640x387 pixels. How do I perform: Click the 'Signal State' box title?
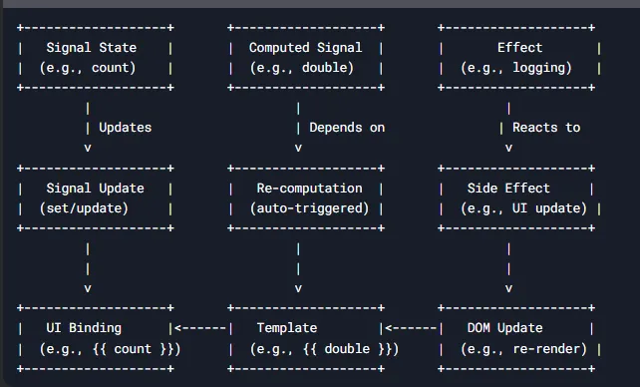coord(92,48)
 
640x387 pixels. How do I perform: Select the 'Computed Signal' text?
coord(305,48)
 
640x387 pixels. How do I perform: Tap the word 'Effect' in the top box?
coord(519,48)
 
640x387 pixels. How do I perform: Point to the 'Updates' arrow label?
coord(125,128)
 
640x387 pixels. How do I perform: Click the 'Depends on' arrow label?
coord(347,128)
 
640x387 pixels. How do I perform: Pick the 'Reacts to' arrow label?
coord(546,128)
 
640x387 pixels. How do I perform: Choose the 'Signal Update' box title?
coord(95,189)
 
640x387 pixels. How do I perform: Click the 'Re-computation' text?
coord(309,189)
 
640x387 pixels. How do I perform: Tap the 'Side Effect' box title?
coord(508,189)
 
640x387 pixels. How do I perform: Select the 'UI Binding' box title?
coord(84,328)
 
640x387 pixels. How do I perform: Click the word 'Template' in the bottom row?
coord(287,328)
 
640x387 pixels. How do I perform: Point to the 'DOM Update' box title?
coord(505,328)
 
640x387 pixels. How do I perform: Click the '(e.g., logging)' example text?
coord(516,68)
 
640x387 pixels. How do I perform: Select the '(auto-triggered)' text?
coord(309,208)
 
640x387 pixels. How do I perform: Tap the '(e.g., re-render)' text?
coord(523,349)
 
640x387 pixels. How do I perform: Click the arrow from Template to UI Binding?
coord(200,328)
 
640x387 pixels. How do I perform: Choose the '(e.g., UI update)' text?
coord(523,208)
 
